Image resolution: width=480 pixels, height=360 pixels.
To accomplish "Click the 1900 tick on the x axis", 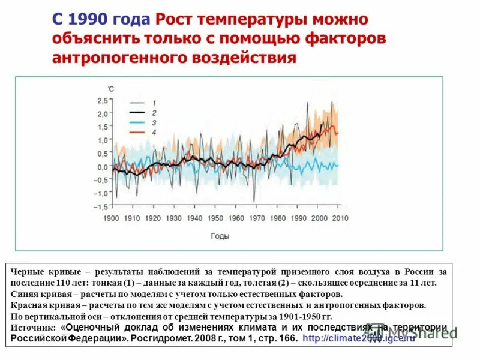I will (112, 218).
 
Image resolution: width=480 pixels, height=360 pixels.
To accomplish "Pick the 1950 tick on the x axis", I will (216, 218).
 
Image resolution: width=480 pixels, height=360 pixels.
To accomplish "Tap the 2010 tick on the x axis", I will (340, 218).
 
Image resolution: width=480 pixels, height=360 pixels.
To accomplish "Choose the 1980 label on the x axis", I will (278, 218).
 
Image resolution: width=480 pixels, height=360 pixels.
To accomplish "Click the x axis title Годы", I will (220, 236).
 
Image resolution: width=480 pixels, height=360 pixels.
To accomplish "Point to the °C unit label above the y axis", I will (110, 89).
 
